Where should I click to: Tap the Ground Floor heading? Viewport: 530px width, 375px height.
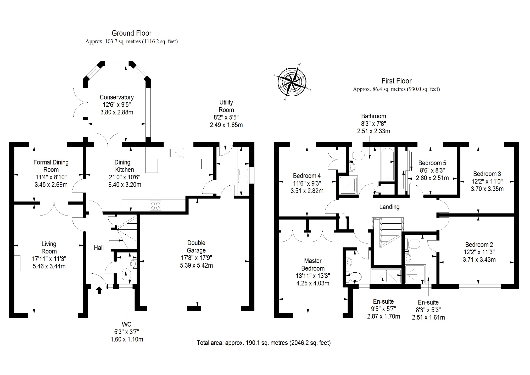coord(131,33)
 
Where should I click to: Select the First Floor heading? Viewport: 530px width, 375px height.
coord(396,81)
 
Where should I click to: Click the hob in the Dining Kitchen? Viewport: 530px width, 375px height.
coord(155,205)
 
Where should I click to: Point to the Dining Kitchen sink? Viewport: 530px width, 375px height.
coord(177,153)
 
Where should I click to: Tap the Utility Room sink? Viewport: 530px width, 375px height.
coord(243,175)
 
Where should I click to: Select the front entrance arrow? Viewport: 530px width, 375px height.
coord(99,290)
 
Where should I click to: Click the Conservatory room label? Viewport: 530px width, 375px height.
coord(117,97)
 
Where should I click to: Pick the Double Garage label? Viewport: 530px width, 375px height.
coord(196,246)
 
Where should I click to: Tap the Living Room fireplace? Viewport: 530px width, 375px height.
coord(17,263)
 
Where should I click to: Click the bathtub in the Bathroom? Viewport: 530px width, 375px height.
coord(387,164)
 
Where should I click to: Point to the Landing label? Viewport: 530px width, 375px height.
coord(389,207)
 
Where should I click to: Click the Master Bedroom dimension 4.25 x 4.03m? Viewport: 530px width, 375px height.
coord(313,283)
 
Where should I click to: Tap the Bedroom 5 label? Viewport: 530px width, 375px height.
coord(432,163)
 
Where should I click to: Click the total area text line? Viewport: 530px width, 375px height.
coord(264,343)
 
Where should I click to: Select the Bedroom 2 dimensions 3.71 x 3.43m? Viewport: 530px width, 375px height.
coord(479,260)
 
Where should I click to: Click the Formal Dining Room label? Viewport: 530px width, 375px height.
coord(51,166)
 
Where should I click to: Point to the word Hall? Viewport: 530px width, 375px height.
coord(99,248)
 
